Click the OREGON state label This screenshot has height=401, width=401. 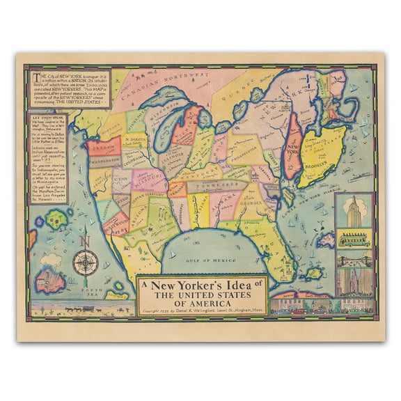click(102, 147)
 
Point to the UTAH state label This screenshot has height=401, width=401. click(120, 179)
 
